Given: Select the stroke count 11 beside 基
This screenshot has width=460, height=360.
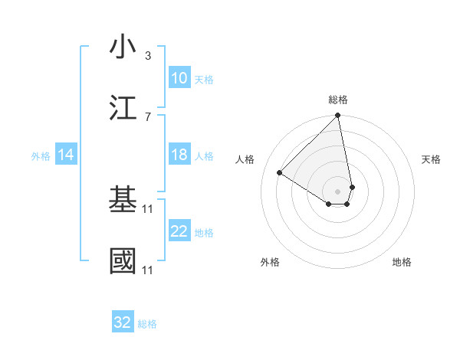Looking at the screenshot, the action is (x=149, y=208).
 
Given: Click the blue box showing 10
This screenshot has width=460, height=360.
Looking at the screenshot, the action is (x=179, y=78).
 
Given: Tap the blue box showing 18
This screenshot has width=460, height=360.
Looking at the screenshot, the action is (x=179, y=155).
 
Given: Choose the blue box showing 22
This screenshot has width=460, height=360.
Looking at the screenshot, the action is (x=179, y=231).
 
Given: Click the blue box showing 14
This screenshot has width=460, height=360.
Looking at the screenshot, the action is (x=66, y=155).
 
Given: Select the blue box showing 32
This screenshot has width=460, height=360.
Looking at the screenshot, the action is (x=123, y=322).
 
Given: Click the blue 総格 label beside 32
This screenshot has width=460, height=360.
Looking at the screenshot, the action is (x=147, y=324).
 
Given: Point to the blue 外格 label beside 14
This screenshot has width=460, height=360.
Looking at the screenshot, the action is (x=41, y=156).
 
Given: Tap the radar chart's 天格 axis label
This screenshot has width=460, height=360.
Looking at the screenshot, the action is (x=431, y=159).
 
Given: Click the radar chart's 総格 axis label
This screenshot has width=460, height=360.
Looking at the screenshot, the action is (x=338, y=100).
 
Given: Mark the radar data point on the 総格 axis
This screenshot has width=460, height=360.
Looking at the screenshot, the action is (x=337, y=116).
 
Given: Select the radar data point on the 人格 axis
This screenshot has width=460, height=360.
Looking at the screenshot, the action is (x=280, y=172).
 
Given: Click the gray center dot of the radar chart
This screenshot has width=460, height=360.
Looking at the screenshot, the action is (x=337, y=191).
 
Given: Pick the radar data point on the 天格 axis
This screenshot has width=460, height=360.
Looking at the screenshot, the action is (x=352, y=186).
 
